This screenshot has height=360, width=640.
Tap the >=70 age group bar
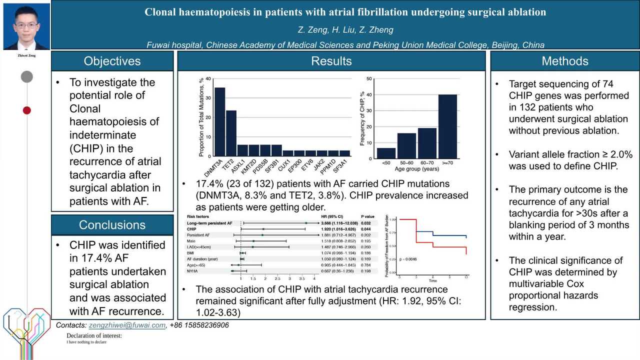tap(447, 126)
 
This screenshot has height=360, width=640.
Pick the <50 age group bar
tap(386, 153)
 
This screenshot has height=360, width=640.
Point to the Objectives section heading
tap(112, 61)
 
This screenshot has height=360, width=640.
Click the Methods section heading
tap(565, 61)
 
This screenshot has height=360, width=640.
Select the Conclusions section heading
tap(112, 225)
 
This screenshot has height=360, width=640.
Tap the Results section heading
tap(331, 61)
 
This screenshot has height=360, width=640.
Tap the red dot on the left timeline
tap(27, 110)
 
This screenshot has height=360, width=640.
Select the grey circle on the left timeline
tap(27, 76)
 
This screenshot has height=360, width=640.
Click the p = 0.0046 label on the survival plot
tap(408, 259)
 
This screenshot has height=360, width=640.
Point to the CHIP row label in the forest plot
tap(191, 228)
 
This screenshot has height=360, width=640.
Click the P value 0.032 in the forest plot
tap(366, 222)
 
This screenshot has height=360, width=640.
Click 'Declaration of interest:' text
tap(94, 335)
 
